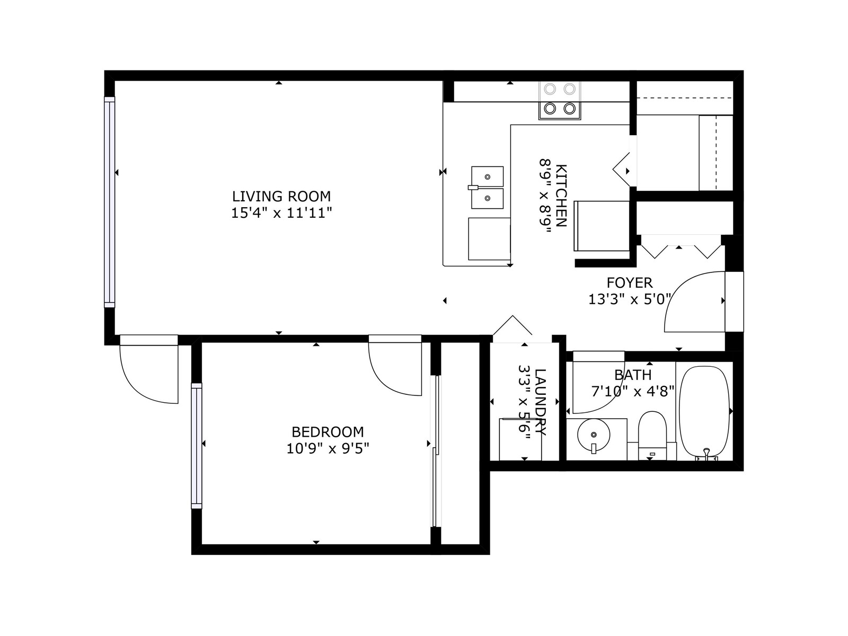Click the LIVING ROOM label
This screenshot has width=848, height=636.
281,196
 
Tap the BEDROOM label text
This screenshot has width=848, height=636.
328,431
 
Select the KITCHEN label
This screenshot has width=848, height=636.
561,196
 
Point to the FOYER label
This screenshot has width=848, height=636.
630,282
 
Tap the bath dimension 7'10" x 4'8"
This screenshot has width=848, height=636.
633,392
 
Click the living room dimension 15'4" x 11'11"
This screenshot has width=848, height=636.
281,213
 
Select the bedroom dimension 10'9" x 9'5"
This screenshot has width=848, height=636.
328,448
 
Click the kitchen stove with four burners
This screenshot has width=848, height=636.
560,100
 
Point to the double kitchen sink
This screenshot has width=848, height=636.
487,187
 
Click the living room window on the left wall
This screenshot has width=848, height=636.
110,202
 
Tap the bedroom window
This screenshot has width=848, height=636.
197,446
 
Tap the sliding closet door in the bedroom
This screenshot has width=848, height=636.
436,451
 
